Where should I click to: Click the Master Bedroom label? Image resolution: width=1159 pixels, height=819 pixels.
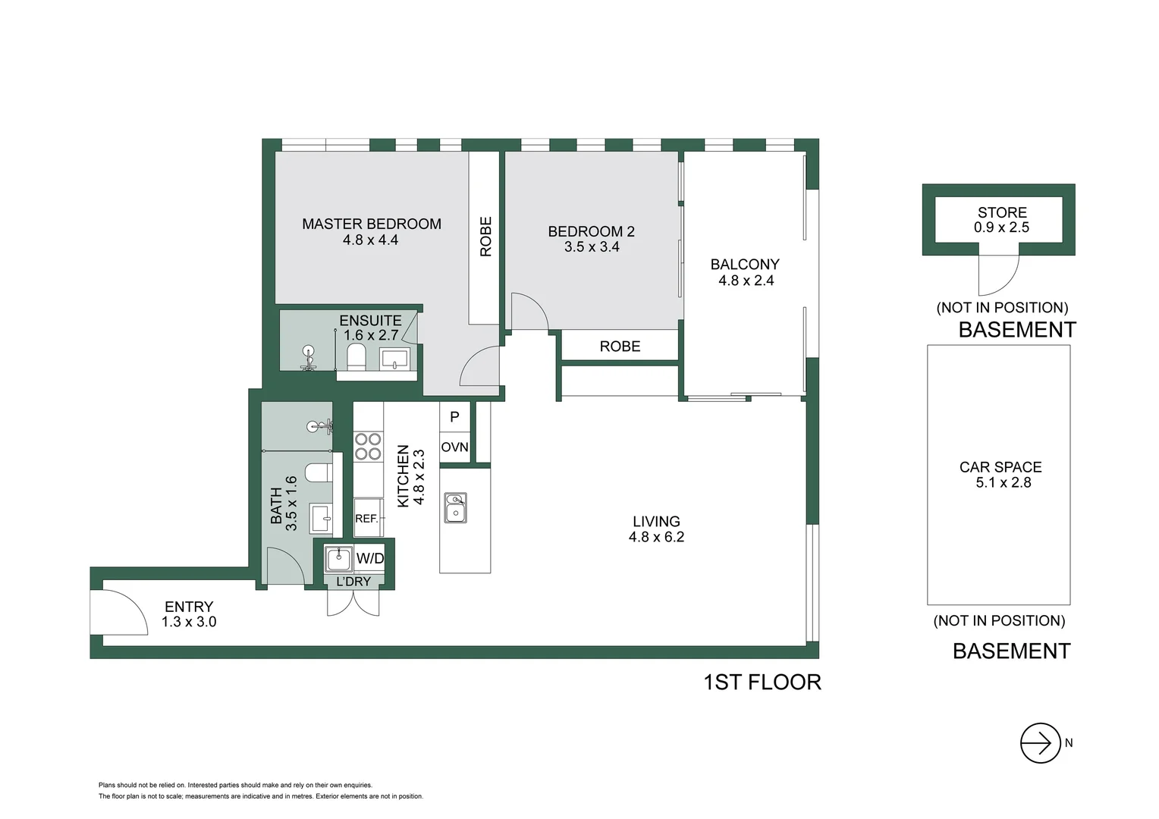(x=371, y=224)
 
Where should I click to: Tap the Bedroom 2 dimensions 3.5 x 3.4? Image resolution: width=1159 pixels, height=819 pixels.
(x=592, y=247)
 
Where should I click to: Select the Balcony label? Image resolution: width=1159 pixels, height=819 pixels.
(x=744, y=265)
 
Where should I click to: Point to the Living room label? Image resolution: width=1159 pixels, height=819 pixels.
(x=656, y=522)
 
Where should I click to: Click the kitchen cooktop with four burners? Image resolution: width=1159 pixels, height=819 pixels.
(x=368, y=447)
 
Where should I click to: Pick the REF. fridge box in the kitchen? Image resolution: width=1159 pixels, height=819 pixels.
(x=368, y=518)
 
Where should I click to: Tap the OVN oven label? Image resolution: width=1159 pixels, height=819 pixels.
(x=454, y=447)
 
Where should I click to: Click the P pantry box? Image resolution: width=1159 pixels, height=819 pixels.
(x=454, y=416)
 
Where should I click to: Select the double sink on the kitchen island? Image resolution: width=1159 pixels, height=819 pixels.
(x=455, y=507)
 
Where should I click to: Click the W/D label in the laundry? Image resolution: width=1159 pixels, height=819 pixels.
(x=370, y=559)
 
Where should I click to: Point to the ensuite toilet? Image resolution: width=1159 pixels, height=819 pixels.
(x=356, y=356)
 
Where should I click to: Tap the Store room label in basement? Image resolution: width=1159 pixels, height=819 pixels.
(x=1001, y=213)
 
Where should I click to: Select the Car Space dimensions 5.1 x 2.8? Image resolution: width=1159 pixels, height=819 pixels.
(x=1003, y=483)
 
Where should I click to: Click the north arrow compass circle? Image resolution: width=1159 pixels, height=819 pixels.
(x=1040, y=743)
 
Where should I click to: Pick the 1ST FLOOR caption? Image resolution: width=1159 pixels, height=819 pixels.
(x=762, y=682)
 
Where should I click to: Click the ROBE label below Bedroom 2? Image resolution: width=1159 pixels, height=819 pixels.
(x=620, y=347)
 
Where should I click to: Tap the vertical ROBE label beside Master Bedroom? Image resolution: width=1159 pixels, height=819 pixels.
(x=485, y=237)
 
